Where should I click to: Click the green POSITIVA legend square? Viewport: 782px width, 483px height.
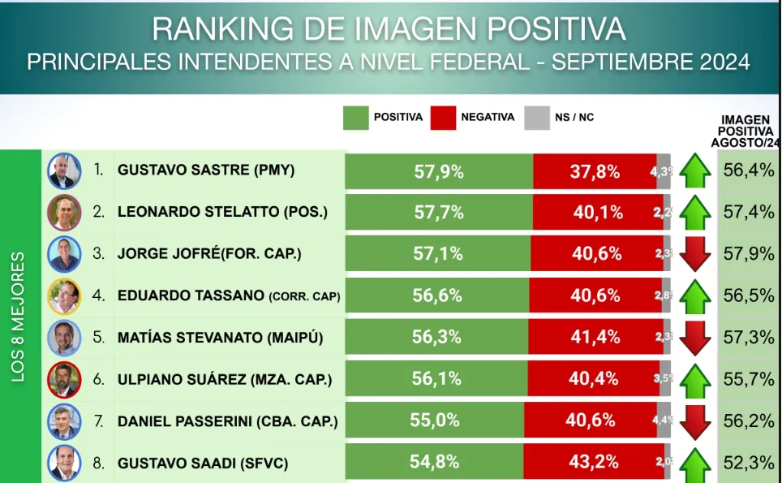coord(356,118)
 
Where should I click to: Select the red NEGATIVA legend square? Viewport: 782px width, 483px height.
coord(443,118)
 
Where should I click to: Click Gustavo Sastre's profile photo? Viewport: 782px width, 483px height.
coord(64,170)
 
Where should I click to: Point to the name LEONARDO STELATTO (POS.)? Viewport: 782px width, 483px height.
coord(222,213)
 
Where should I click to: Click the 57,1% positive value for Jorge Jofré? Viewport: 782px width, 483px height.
coord(438,254)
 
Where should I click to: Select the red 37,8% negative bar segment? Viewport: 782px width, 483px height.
coord(595,171)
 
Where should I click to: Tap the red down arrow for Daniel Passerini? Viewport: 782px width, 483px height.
coord(695,421)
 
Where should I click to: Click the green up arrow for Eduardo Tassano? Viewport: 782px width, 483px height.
coord(695,296)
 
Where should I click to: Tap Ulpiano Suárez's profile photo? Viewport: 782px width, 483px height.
coord(64,379)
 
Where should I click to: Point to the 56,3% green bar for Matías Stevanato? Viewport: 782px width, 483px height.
coord(436,338)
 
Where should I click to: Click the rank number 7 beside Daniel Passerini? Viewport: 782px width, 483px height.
coord(99,421)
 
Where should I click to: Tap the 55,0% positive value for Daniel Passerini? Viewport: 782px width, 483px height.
coord(435,421)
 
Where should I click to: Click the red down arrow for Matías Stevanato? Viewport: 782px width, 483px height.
coord(695,338)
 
